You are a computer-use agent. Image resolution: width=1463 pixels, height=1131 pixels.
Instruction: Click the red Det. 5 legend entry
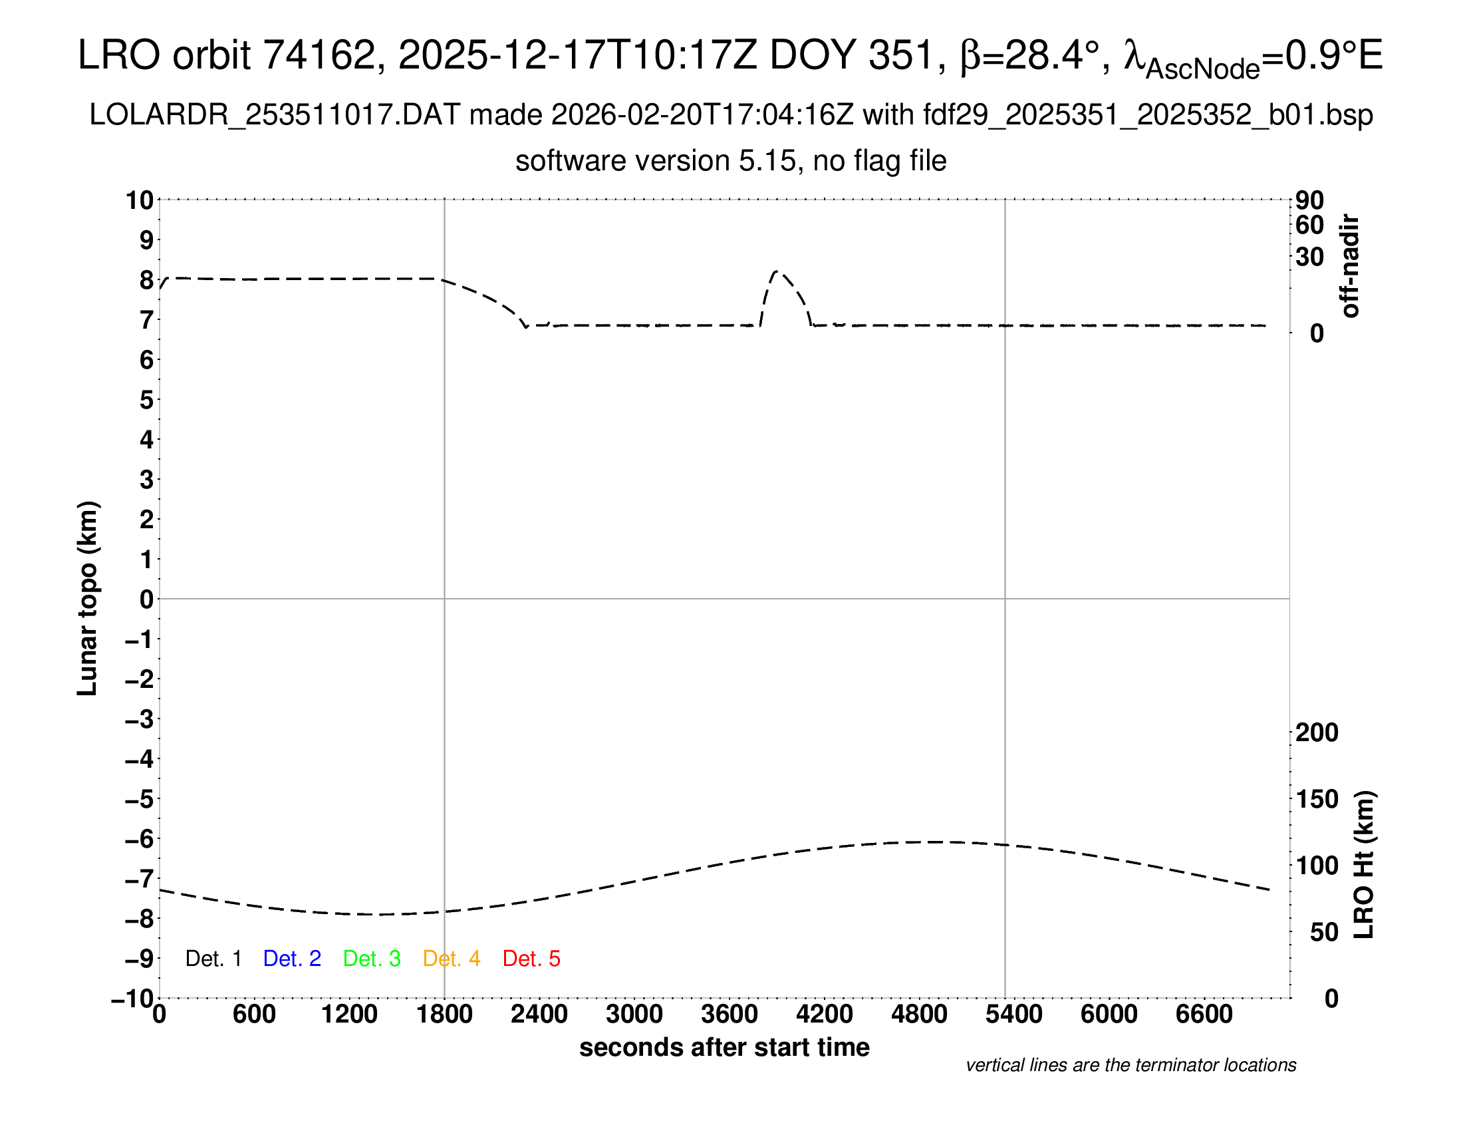531,959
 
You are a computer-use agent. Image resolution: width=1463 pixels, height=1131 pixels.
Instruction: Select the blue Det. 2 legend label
292,959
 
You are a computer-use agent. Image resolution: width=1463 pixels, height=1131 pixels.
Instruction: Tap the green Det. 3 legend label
372,959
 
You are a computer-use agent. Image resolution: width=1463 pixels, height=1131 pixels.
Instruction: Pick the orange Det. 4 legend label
452,959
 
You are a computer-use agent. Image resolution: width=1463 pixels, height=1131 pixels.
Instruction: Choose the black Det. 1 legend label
213,959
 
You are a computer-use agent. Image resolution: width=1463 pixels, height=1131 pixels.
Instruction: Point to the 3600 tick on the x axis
730,1015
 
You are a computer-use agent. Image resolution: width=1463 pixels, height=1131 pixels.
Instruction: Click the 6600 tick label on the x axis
1204,1015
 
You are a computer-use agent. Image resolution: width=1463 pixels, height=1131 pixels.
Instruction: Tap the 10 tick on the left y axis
140,200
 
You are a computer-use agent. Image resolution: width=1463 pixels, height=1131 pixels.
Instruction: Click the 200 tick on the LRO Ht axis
1316,732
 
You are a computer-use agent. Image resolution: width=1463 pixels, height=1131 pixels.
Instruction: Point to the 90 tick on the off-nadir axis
1309,200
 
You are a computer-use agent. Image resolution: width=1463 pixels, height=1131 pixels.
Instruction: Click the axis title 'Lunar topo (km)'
88,598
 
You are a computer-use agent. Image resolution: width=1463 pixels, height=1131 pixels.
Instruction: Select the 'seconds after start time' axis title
724,1047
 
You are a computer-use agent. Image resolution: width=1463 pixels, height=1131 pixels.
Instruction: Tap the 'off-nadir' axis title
1350,266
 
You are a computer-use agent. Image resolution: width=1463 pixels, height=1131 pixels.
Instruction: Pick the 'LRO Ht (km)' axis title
1364,865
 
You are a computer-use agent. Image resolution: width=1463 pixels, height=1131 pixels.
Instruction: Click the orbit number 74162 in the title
319,55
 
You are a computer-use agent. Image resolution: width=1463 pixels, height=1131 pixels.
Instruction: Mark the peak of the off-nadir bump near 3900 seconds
776,271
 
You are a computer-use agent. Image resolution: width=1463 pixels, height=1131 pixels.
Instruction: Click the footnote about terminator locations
1130,1065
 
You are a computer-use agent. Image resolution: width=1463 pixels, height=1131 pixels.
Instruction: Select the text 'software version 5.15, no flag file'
731,161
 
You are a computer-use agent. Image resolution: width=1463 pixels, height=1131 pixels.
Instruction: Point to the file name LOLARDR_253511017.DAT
275,115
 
